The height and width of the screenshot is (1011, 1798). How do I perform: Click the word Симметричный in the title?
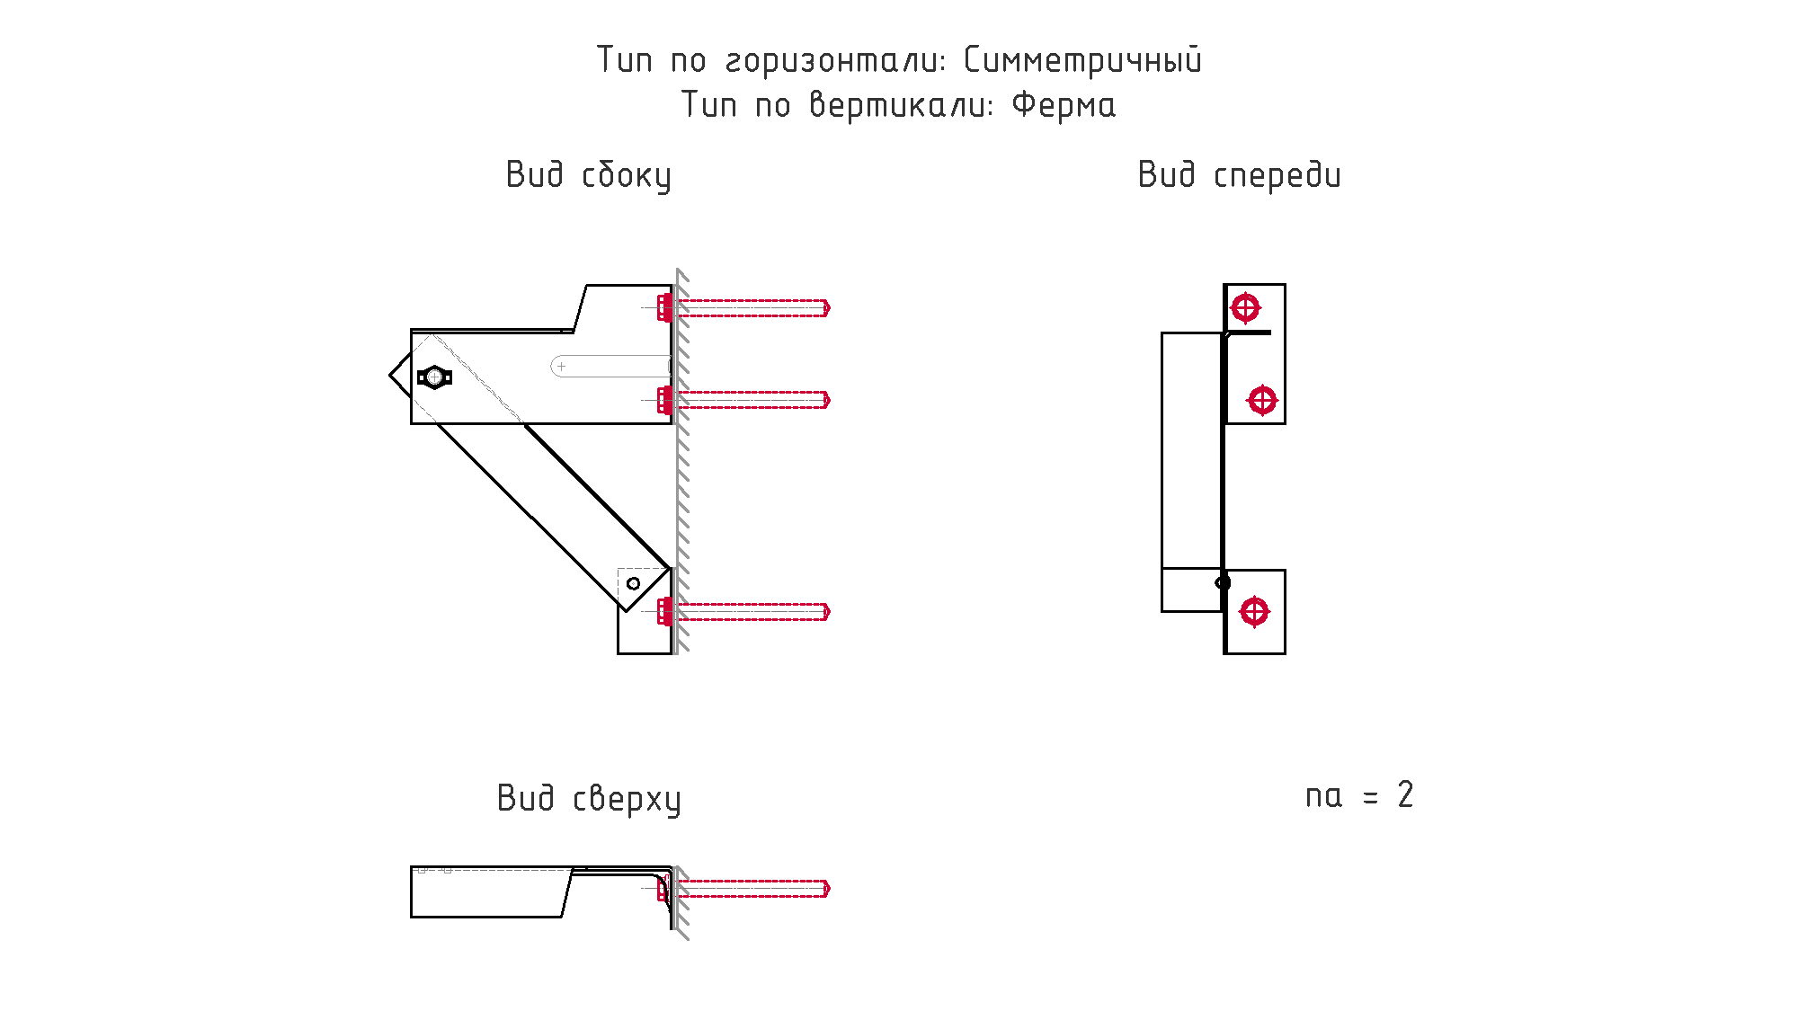point(1082,60)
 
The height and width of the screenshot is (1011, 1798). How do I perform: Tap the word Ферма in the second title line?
point(1064,105)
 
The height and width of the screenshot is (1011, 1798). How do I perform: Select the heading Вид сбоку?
point(589,175)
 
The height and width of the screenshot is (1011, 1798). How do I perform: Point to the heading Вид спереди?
point(1240,175)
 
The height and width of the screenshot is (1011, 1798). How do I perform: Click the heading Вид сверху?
point(589,799)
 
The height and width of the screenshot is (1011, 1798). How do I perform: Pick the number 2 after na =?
point(1405,794)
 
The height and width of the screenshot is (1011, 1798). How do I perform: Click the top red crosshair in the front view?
point(1245,308)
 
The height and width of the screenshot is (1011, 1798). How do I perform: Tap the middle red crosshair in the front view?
point(1262,400)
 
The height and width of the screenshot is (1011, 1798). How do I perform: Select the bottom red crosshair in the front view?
point(1254,612)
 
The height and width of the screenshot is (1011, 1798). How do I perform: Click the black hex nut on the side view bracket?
point(434,377)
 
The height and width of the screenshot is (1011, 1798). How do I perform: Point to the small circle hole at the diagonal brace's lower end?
point(633,584)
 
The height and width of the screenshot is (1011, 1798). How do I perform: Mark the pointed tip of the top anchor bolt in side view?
point(829,308)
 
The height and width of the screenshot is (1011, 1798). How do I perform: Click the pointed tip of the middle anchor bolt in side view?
point(829,400)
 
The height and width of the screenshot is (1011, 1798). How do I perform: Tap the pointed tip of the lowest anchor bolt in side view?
point(829,612)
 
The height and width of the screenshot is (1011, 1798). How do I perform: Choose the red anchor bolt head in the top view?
point(663,889)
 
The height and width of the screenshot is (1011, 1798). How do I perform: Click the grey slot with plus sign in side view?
point(610,367)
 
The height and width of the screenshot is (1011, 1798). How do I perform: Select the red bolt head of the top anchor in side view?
point(664,308)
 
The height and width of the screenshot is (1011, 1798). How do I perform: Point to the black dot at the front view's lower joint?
point(1223,583)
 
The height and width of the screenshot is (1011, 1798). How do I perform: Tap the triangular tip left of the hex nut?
point(391,376)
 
